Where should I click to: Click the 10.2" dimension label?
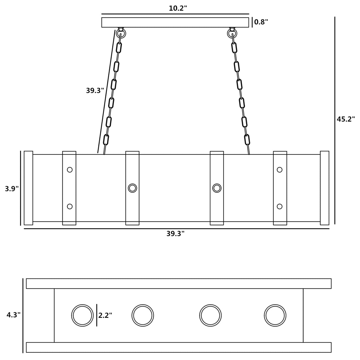(x=178, y=8)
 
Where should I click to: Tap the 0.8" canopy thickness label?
(x=261, y=22)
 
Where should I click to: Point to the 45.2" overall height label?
(x=345, y=119)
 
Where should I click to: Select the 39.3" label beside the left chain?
(x=95, y=91)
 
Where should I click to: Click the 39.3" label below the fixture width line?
(x=176, y=234)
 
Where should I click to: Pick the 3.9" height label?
(x=12, y=189)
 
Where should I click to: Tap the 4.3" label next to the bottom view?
(x=13, y=315)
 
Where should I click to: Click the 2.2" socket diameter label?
(x=105, y=315)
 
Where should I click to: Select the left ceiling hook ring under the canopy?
(x=121, y=34)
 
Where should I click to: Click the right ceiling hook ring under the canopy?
(x=232, y=34)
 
